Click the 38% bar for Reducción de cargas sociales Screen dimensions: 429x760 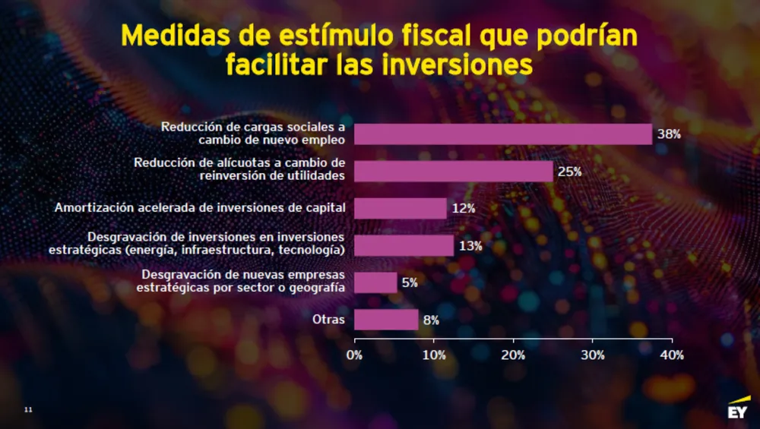tap(503, 134)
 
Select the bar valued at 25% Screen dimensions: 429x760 tap(454, 172)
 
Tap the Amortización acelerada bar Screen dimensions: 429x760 tap(401, 208)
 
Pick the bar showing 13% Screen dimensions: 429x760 tap(404, 245)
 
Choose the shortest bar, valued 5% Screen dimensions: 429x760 tap(375, 282)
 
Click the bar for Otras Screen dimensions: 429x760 tap(386, 320)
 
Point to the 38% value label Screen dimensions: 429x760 tap(669, 134)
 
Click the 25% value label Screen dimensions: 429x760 tap(569, 172)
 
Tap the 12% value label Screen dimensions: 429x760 tap(463, 208)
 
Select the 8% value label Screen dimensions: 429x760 tap(431, 320)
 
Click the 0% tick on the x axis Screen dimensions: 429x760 tap(355, 355)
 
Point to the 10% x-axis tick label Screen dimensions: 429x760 tap(434, 355)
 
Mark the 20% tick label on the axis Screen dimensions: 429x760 tap(514, 355)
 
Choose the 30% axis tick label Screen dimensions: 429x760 tap(593, 355)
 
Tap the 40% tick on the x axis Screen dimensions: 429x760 tap(673, 355)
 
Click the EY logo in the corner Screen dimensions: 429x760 tap(736, 409)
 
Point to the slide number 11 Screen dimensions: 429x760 tap(29, 410)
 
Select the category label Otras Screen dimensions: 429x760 tap(328, 320)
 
